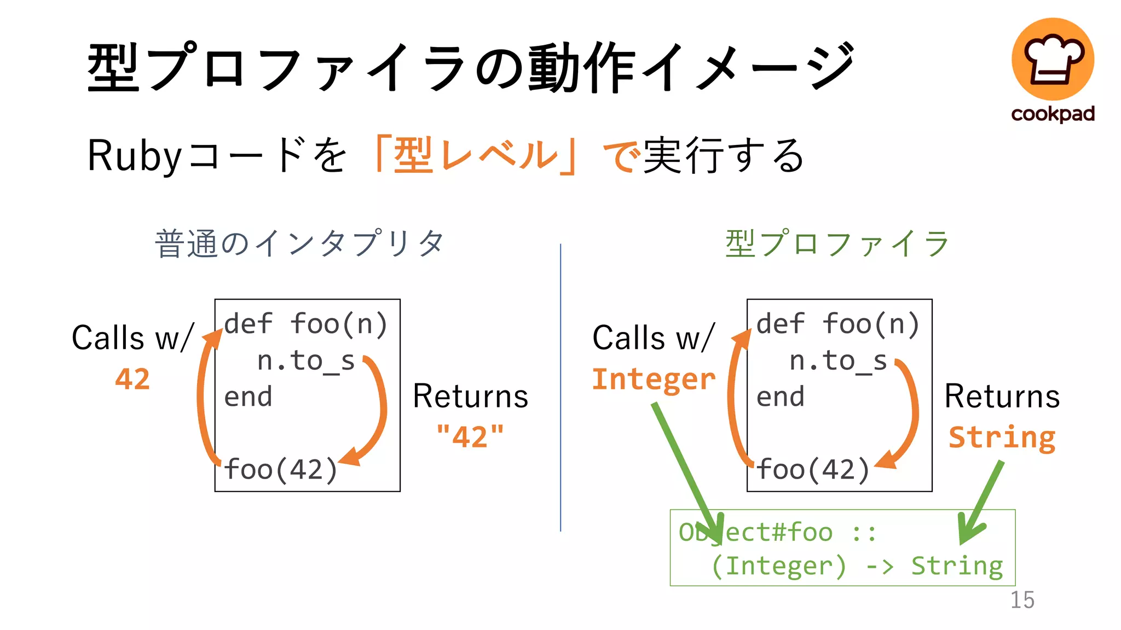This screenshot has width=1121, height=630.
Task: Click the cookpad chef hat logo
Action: pos(1053,59)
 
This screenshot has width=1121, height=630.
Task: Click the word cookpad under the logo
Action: pos(1053,114)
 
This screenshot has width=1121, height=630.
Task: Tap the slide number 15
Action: pos(1022,600)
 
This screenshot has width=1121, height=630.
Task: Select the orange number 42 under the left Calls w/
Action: pos(132,379)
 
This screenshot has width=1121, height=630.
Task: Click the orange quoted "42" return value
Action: pos(470,436)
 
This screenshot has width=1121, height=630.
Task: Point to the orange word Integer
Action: pos(654,379)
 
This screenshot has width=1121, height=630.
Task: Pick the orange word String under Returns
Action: pos(1002,437)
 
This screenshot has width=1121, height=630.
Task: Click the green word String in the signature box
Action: pos(957,565)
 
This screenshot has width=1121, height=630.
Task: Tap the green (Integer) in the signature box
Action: pos(778,565)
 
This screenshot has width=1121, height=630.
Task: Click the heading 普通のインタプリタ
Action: pos(299,244)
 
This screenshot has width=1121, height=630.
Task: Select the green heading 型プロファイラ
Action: pos(837,244)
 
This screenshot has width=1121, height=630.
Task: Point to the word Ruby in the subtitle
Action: pos(134,156)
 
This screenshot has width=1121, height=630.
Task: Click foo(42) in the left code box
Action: pos(281,469)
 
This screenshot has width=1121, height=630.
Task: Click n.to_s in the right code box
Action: pos(838,361)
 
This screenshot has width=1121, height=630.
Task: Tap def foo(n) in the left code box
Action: pos(305,324)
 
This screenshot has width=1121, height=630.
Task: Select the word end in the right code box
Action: pos(780,396)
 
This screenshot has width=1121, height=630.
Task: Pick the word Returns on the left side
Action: pos(470,396)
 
